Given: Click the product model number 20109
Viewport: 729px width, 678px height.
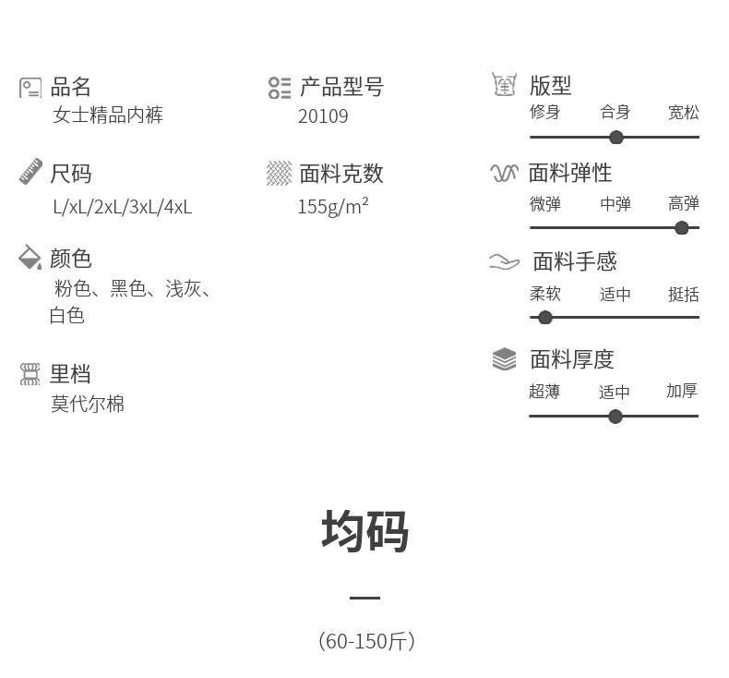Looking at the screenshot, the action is coord(323,116).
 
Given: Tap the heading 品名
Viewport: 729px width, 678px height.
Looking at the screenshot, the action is coord(70,87).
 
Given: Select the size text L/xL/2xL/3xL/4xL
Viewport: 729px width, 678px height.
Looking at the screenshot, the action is coord(122,207).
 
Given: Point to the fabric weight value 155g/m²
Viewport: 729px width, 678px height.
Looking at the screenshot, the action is coord(332,206).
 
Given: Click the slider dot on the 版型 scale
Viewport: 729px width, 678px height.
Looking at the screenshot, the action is coord(616,138).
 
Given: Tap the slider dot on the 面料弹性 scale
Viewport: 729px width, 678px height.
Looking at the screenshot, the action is coord(682,228).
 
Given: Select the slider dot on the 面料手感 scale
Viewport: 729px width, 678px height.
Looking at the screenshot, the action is coord(545,318).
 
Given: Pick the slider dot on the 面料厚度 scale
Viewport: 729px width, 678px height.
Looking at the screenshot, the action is coord(615,417).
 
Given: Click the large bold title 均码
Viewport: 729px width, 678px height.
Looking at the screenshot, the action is coord(364,532).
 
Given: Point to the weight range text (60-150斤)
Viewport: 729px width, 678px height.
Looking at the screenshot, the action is coord(365,641).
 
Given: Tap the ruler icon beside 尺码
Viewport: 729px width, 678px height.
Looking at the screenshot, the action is coord(30,172).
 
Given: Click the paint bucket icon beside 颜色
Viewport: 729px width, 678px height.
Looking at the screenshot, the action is coord(30,257).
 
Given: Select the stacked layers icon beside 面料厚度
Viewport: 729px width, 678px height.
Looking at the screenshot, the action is coord(504,358).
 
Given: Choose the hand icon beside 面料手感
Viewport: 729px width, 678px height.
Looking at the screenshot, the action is coord(504,262).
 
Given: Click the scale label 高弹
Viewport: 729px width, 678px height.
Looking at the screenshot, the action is coord(684,204).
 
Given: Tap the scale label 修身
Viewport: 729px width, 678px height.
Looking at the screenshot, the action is coord(544,112).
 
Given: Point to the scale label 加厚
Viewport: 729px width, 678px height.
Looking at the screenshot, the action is coord(682,391).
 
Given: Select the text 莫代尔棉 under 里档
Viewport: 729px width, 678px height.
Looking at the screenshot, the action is coord(88,404).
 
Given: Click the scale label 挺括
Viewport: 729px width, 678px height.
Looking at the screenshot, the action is coord(684,295).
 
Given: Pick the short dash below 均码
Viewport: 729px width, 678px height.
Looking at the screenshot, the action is coord(364,598).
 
